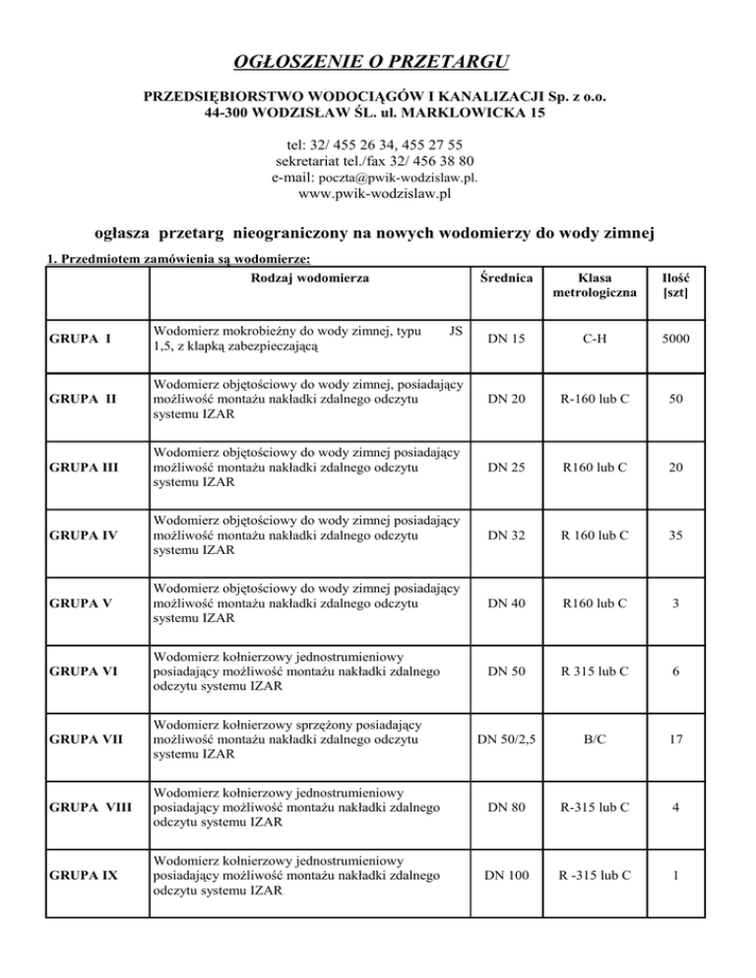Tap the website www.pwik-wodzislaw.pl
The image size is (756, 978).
pyautogui.click(x=378, y=196)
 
